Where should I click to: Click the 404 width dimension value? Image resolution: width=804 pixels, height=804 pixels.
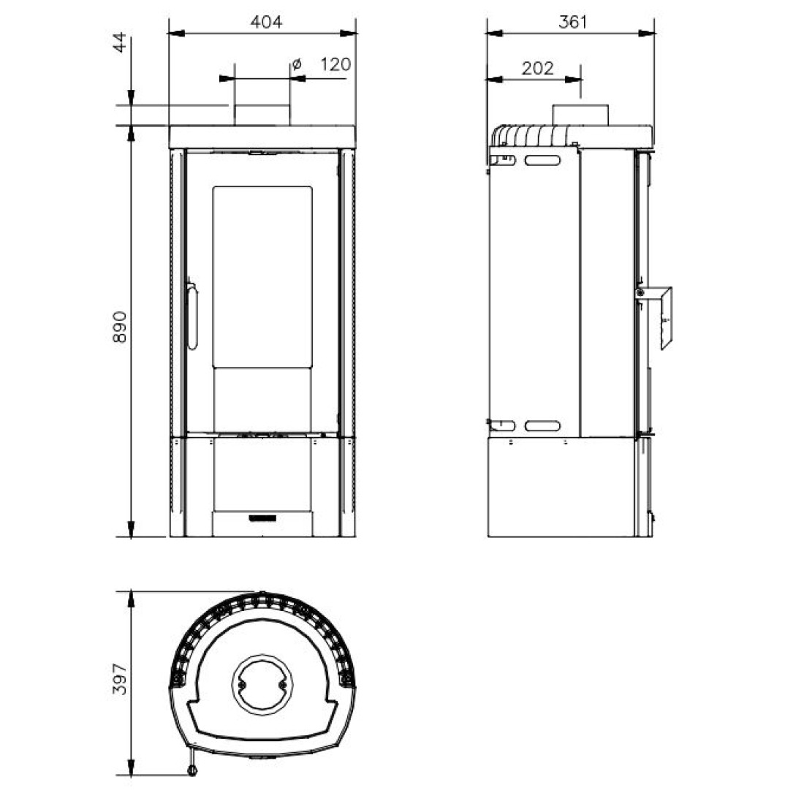[266, 22]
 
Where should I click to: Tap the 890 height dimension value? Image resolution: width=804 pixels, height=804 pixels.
[119, 327]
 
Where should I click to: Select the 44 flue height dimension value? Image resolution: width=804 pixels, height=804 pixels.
[119, 42]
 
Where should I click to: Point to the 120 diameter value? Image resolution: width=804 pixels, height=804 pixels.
[335, 64]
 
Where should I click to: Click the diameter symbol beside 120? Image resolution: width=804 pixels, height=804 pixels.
[296, 64]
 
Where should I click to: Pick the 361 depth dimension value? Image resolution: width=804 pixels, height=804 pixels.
[572, 22]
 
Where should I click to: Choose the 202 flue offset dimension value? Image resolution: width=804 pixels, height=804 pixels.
[538, 68]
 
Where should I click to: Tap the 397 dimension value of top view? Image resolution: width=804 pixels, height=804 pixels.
[119, 679]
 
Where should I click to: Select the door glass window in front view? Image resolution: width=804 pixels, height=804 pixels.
[262, 277]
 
